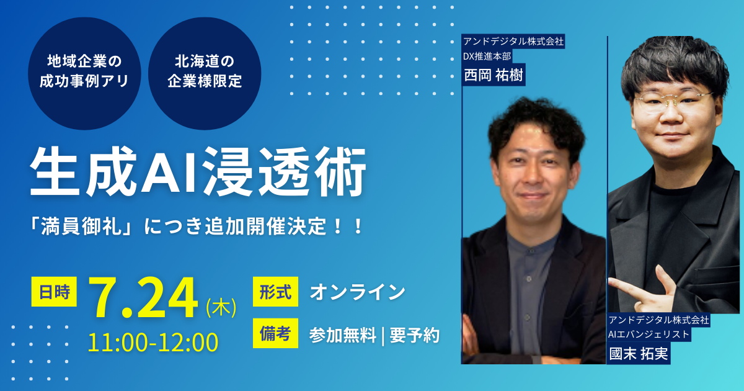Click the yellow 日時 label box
coord(54,292)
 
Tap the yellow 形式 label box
coord(275,292)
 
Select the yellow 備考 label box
coord(275,333)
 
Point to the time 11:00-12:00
coord(153,343)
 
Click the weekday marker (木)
coord(221,307)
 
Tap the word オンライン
coord(357,292)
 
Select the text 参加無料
coord(342,335)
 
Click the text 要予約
coord(415,335)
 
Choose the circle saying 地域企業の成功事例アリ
coord(84,73)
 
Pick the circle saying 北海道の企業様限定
coord(205,73)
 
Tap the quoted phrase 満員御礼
coord(81,227)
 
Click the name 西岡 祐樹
coord(494,75)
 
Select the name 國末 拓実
coord(639,353)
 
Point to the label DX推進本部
coord(487,56)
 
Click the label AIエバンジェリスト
coord(649,334)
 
